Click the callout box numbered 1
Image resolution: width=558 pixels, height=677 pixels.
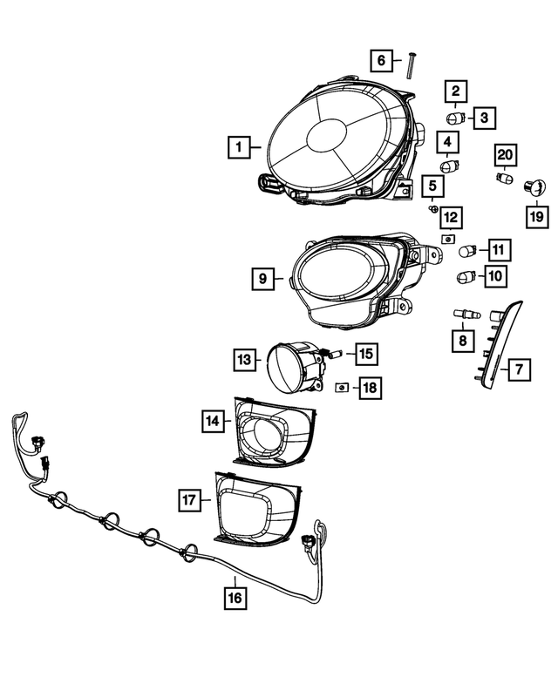click(x=238, y=147)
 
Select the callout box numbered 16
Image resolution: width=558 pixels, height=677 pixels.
click(x=235, y=597)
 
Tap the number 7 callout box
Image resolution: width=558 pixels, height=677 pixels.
click(x=518, y=369)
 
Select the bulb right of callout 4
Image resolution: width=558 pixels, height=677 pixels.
click(x=450, y=166)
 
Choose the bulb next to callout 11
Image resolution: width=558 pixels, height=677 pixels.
click(x=467, y=251)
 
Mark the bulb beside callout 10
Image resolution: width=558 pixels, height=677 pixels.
click(x=467, y=278)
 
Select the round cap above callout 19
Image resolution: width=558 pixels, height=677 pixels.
click(x=534, y=186)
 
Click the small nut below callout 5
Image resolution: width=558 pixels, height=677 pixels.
click(x=432, y=208)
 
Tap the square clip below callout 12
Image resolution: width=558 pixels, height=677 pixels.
click(x=448, y=238)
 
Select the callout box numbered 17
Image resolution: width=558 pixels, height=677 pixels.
click(x=190, y=499)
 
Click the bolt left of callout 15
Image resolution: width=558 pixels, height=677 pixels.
click(x=331, y=354)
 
